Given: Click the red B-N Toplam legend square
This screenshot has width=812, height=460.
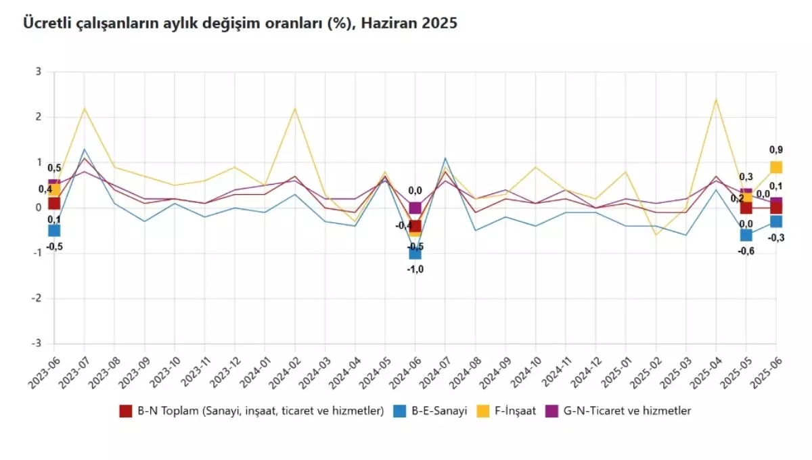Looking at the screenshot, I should coord(125,411).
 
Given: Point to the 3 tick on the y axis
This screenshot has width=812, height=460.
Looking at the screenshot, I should coord(38,72).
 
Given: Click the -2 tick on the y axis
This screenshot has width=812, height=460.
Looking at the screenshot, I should coord(37,298).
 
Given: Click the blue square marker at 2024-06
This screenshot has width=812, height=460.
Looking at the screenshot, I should coord(415,253).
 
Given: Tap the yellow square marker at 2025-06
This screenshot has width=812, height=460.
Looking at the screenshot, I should coord(776,167).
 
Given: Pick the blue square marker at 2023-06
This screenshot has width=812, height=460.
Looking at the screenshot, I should coord(54,231).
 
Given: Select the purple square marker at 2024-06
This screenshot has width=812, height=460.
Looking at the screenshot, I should coord(415,208).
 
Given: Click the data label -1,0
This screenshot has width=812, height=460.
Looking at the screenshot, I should coord(415,269).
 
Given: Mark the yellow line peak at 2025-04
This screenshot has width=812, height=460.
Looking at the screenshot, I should coord(716,99).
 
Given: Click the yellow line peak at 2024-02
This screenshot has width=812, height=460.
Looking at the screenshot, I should coord(295,108).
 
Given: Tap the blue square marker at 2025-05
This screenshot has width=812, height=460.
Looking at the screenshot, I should coord(746,235).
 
